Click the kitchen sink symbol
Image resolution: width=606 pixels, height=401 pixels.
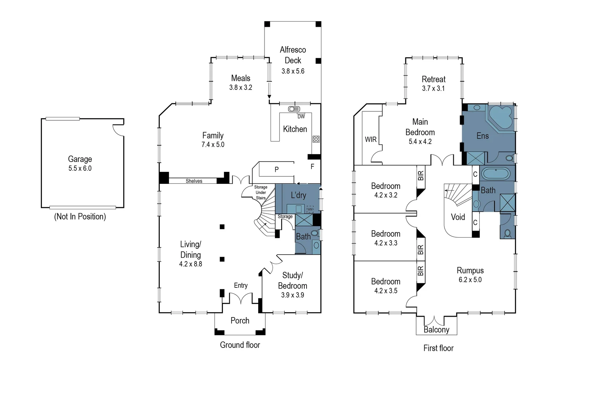coord(294,109)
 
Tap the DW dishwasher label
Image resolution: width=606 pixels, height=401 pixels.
coord(301,117)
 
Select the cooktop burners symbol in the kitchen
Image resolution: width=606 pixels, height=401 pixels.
coord(316,139)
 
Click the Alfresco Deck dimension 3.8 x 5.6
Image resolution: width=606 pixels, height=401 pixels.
coord(293,71)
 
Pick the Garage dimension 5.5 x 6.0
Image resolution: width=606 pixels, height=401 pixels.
coord(80,168)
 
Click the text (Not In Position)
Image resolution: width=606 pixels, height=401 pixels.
coord(80,216)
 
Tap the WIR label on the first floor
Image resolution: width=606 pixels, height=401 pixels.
coord(371,140)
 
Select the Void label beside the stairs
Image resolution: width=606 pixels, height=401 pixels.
coord(458,217)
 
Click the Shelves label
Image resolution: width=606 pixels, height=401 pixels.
coord(194,181)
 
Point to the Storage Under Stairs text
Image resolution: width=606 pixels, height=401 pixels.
coord(261,193)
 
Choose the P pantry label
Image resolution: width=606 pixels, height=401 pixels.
coord(276,169)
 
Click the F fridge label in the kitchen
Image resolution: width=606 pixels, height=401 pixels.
coord(312,167)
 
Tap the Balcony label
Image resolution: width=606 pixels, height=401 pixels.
coord(436,330)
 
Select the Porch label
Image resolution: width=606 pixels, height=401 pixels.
coord(240,320)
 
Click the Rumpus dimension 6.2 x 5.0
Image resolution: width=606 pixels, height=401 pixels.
coord(470,280)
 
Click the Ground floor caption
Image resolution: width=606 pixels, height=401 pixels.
coord(240,345)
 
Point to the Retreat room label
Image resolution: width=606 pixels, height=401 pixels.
coord(434,79)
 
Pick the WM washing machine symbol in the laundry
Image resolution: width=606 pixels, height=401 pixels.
coord(310,209)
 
